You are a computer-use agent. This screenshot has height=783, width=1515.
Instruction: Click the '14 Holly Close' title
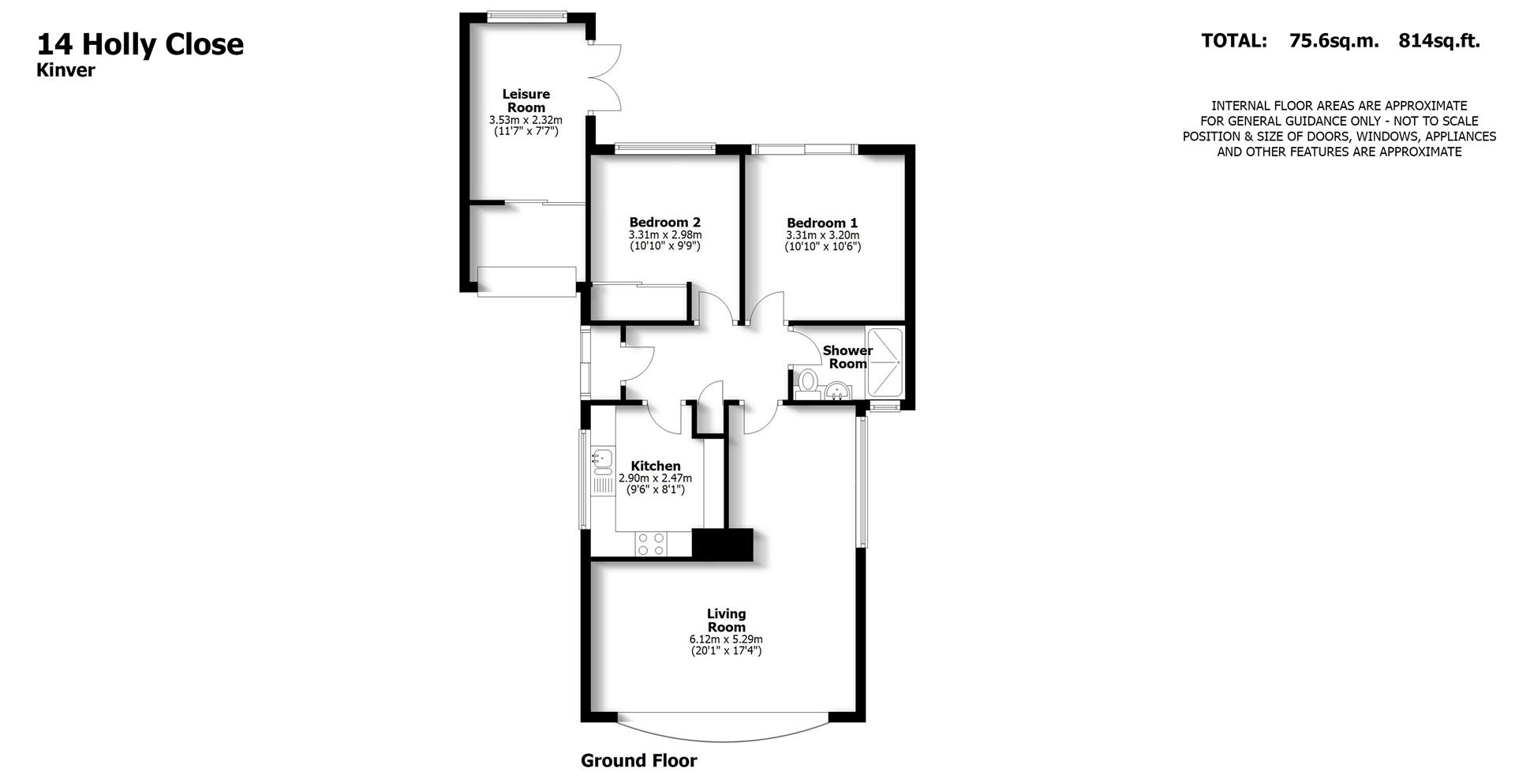coord(140,44)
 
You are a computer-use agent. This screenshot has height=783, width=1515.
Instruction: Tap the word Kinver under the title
coord(65,70)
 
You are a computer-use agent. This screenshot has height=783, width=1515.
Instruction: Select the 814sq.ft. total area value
coord(1438,41)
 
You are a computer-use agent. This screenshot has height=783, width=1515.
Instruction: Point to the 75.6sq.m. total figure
coord(1334,41)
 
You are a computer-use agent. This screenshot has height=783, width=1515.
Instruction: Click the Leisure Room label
coord(526,100)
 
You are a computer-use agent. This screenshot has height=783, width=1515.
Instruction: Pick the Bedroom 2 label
coord(664,223)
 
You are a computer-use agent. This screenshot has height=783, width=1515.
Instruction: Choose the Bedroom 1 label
coord(821,223)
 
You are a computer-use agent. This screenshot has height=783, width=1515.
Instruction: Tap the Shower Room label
coord(847,357)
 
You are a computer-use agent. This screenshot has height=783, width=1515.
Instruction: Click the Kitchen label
coord(655,466)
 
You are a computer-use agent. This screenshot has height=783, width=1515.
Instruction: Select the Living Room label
coord(726,620)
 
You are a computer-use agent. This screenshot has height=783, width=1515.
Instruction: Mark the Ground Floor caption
coord(638,761)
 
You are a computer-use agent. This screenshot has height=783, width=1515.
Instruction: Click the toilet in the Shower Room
coord(807,381)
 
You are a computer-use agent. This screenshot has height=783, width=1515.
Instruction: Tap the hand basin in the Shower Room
coord(836,390)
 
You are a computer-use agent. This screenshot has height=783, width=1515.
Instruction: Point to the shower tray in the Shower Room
coord(885,362)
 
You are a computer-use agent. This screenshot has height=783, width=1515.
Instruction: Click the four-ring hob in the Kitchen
coord(651,544)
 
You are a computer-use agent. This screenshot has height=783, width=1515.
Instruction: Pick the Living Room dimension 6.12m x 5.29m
coord(726,639)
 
